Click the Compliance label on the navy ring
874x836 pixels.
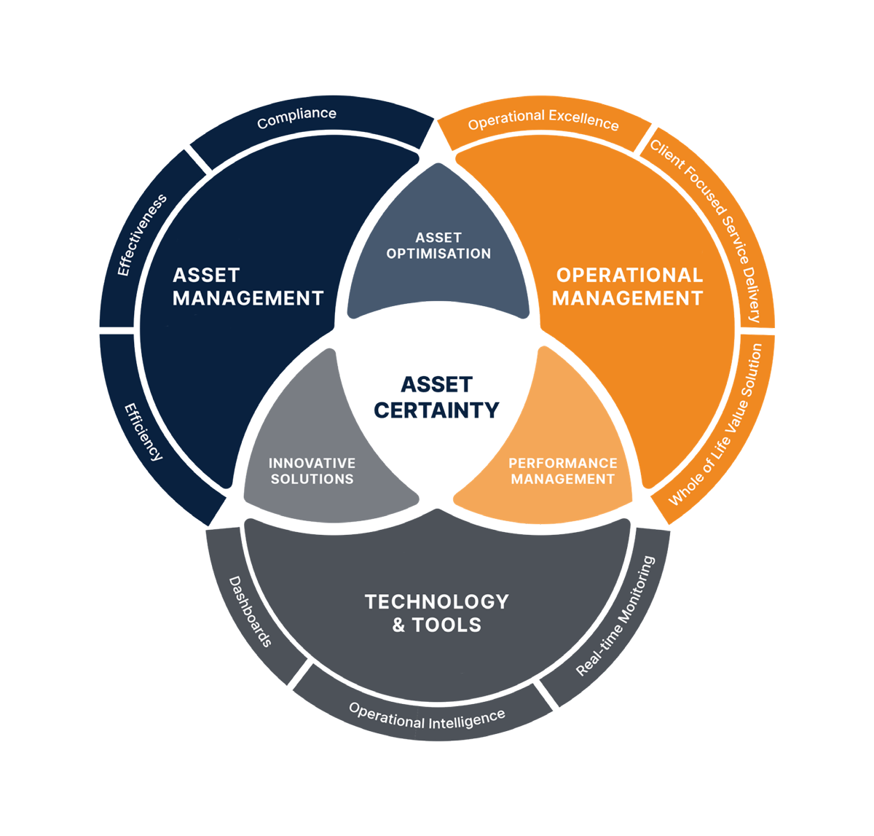tap(296, 117)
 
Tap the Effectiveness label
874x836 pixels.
tap(143, 235)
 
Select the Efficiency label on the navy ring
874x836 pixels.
tap(143, 431)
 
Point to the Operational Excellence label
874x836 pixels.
tap(543, 120)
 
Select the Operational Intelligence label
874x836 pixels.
tap(427, 716)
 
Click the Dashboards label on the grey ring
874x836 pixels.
tap(251, 612)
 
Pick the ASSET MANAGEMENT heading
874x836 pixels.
tap(248, 286)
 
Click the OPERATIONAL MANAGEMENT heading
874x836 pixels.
tap(628, 286)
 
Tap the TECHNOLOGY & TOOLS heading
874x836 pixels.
tap(437, 613)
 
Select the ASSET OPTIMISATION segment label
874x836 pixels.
tap(438, 246)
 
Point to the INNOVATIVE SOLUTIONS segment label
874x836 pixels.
tap(312, 471)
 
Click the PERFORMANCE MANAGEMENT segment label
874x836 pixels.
tap(562, 471)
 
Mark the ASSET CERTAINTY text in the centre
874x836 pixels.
tap(437, 397)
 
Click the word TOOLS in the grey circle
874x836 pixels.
tap(446, 625)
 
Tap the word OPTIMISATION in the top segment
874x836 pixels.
tap(438, 254)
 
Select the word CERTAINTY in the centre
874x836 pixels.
tap(437, 410)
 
